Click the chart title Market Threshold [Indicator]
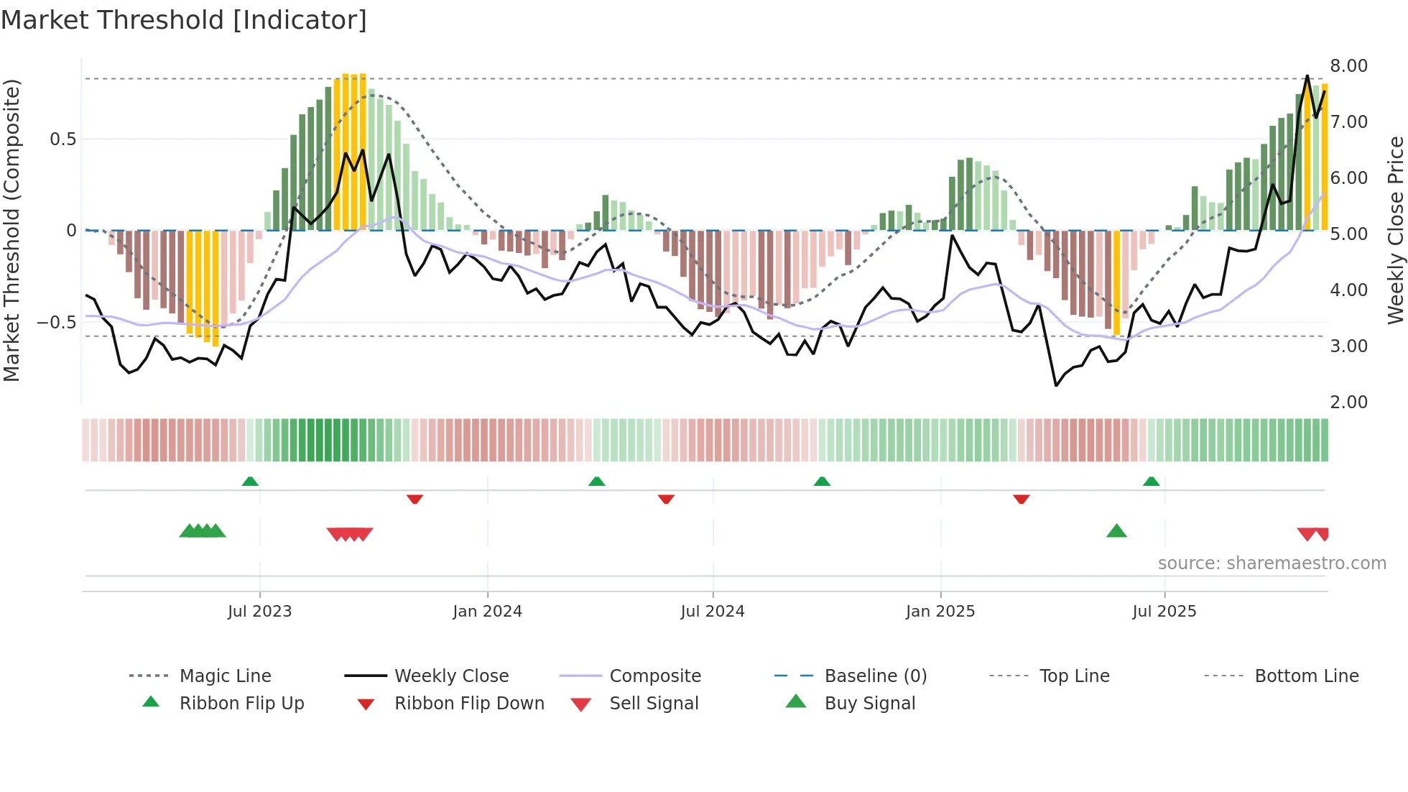pyautogui.click(x=184, y=20)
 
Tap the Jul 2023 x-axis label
pyautogui.click(x=259, y=612)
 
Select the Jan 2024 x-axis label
pyautogui.click(x=487, y=612)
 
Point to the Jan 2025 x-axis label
pyautogui.click(x=940, y=612)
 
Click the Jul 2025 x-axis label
pyautogui.click(x=1164, y=612)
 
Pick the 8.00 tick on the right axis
pyautogui.click(x=1348, y=66)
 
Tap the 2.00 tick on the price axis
pyautogui.click(x=1348, y=402)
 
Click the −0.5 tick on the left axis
pyautogui.click(x=56, y=322)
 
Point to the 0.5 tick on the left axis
pyautogui.click(x=62, y=139)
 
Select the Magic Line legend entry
pyautogui.click(x=225, y=676)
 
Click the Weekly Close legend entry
pyautogui.click(x=451, y=676)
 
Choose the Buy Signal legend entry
pyautogui.click(x=869, y=704)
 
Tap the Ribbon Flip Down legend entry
pyautogui.click(x=469, y=704)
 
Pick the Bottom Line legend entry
pyautogui.click(x=1306, y=676)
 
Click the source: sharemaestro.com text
pyautogui.click(x=1272, y=563)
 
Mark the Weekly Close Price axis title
pyautogui.click(x=1395, y=230)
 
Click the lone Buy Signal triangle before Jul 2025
pyautogui.click(x=1116, y=531)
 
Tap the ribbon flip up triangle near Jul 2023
pyautogui.click(x=250, y=482)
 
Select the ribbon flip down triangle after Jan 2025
pyautogui.click(x=1021, y=499)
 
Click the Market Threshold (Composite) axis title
pyautogui.click(x=11, y=230)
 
